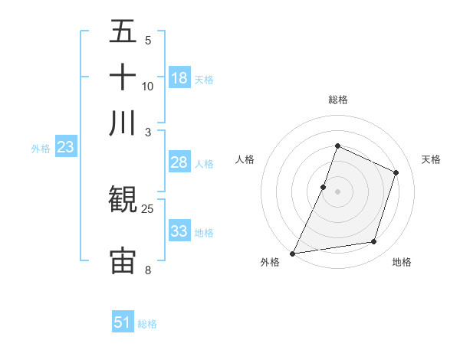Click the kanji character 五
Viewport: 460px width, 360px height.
coord(123,33)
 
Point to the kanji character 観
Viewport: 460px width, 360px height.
coord(123,200)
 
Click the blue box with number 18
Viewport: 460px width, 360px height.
coord(179,78)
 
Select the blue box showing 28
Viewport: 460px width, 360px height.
coord(179,162)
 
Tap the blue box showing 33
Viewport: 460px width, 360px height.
coord(179,231)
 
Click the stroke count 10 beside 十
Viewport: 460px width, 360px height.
coord(148,87)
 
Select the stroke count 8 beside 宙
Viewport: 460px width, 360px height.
coord(148,270)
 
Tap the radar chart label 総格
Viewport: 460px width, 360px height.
coord(337,100)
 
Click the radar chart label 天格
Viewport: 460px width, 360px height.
coord(431,159)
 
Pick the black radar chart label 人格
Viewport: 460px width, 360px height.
coord(245,159)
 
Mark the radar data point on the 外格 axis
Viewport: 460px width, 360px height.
coord(293,253)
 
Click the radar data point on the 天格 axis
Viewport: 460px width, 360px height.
coord(396,172)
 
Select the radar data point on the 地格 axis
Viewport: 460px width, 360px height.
coord(374,242)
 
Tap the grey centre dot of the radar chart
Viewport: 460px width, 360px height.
coord(337,191)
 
